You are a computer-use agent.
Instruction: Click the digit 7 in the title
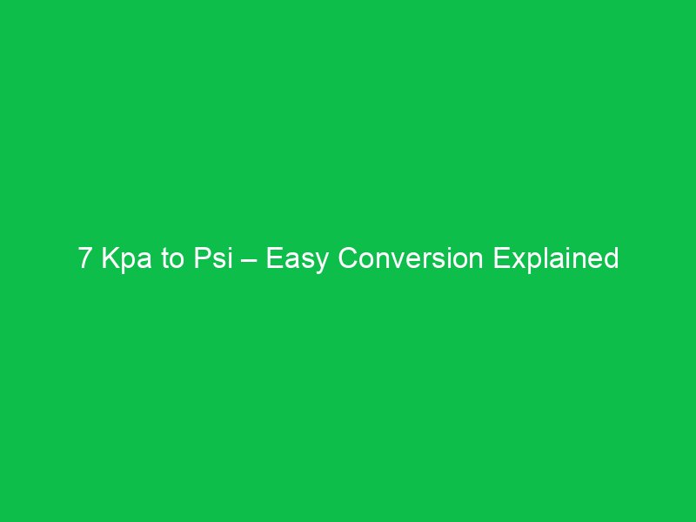pyautogui.click(x=84, y=259)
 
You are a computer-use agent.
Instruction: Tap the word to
pyautogui.click(x=170, y=259)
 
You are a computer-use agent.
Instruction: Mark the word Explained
pyautogui.click(x=557, y=259)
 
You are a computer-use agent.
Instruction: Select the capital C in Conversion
pyautogui.click(x=347, y=259)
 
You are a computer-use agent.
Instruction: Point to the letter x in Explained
pyautogui.click(x=514, y=260)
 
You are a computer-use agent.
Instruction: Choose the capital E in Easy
pyautogui.click(x=274, y=259)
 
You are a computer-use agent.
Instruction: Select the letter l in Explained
pyautogui.click(x=540, y=259)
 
